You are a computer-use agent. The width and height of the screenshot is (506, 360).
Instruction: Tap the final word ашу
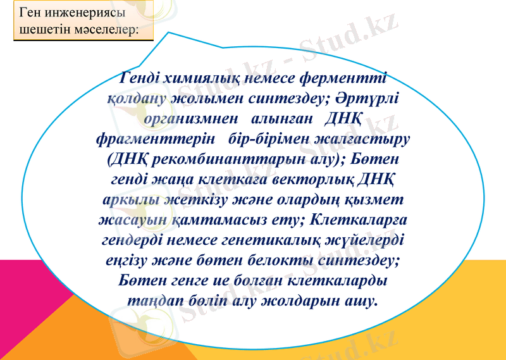tap(367, 300)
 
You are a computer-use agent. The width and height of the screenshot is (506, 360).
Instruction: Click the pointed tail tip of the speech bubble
tap(170, 33)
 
